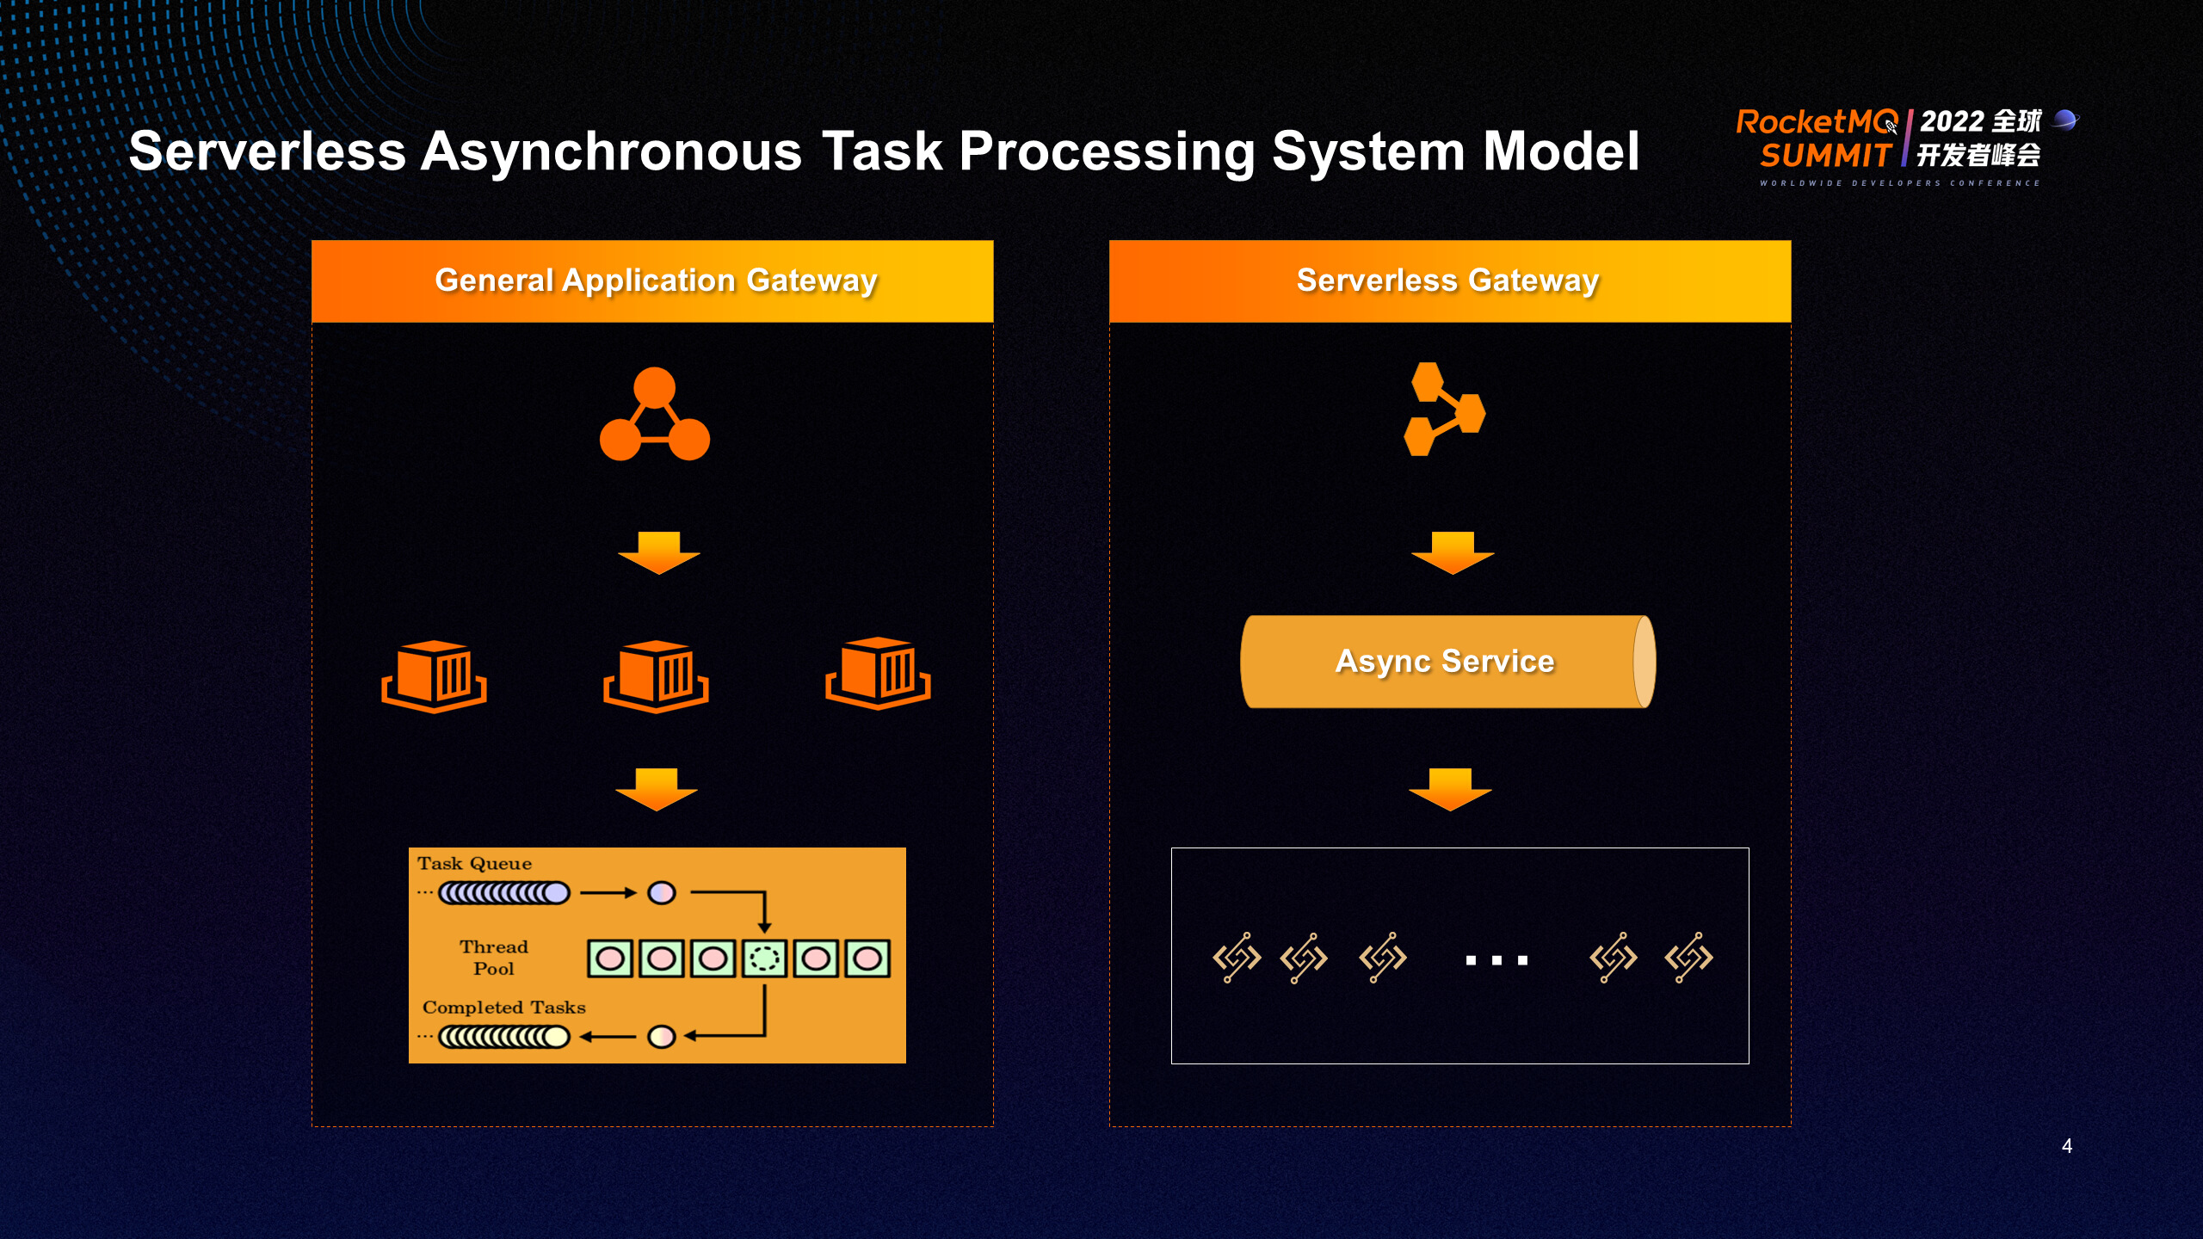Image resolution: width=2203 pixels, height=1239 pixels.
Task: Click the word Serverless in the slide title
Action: (267, 151)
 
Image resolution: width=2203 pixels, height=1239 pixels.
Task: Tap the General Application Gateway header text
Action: (656, 280)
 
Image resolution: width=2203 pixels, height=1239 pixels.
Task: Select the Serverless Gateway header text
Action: (1447, 280)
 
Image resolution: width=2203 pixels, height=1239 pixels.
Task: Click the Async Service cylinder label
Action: (1445, 661)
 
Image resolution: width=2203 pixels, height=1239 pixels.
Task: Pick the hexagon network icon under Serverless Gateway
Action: (1444, 409)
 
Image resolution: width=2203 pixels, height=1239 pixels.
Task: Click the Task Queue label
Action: (474, 863)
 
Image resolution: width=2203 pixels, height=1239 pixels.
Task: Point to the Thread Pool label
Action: (493, 957)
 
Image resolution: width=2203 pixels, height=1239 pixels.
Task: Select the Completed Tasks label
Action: (503, 1007)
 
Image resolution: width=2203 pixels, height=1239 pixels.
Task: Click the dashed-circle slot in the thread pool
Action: (764, 958)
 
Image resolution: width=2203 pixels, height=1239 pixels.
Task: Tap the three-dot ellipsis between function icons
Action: (1496, 959)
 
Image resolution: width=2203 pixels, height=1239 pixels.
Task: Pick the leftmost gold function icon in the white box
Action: (1237, 957)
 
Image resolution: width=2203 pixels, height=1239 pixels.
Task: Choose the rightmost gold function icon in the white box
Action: (1688, 957)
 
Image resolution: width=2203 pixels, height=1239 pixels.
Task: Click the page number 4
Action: (2066, 1145)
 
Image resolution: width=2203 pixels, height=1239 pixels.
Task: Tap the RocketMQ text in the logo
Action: (1816, 122)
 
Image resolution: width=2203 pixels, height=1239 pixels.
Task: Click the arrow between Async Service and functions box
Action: (1450, 789)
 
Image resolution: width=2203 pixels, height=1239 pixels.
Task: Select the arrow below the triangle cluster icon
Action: (658, 552)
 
